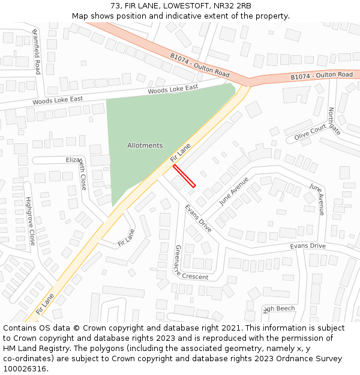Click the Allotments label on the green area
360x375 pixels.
click(x=145, y=145)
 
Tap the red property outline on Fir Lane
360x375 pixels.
click(x=184, y=176)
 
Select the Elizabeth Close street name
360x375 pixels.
click(x=77, y=170)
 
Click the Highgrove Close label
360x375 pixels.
click(x=30, y=220)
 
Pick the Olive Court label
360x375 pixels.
click(x=310, y=133)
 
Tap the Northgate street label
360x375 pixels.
click(x=334, y=121)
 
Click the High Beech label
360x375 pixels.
click(x=279, y=308)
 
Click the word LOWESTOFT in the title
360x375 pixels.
click(x=179, y=6)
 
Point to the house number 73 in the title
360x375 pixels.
click(x=115, y=6)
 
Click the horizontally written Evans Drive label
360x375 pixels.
click(x=307, y=246)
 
